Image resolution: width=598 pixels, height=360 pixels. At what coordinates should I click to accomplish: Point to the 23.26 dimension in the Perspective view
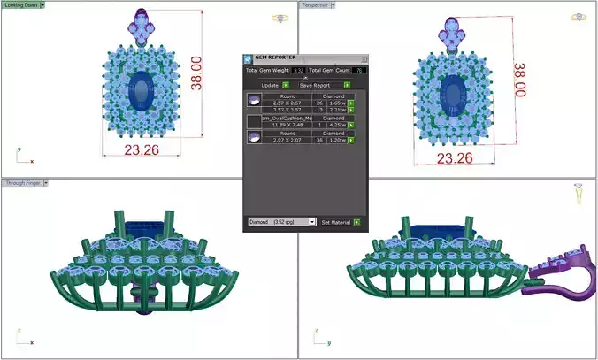(x=455, y=158)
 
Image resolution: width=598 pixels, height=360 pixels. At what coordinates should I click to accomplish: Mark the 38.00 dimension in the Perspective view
(x=520, y=80)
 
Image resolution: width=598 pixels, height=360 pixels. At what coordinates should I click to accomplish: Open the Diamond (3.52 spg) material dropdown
(x=281, y=222)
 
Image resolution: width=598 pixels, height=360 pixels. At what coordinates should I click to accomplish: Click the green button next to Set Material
(x=359, y=222)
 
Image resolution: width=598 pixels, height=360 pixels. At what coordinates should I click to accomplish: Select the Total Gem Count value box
(x=360, y=70)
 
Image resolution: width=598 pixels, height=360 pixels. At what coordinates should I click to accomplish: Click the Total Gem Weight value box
(x=299, y=70)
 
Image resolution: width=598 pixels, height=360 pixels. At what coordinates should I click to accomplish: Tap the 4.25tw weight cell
(x=336, y=125)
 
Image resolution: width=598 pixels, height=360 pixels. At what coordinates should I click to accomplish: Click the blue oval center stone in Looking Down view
(x=140, y=91)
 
